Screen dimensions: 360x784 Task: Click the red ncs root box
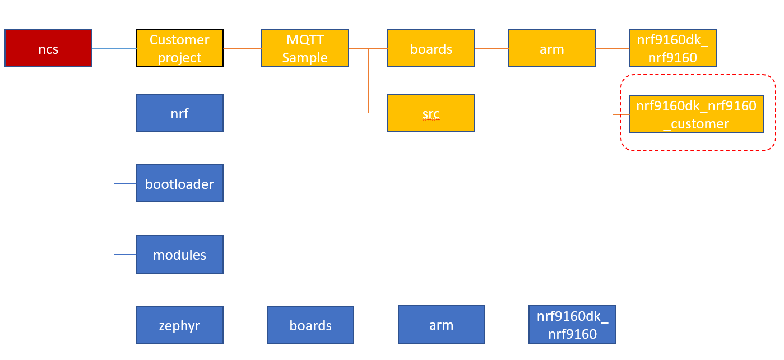(48, 49)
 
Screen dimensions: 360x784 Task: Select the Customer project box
(179, 49)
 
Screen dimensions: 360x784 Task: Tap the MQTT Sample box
(305, 49)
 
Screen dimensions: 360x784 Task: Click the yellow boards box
(431, 49)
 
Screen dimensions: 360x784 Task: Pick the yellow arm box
(551, 49)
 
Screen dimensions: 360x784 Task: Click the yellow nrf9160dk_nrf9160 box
(672, 49)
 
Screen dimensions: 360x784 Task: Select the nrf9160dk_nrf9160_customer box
(696, 114)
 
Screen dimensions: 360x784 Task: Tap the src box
(431, 113)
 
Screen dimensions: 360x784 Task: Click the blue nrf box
(179, 113)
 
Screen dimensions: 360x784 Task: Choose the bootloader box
(179, 183)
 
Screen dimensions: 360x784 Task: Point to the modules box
(179, 254)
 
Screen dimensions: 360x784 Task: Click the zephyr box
(179, 325)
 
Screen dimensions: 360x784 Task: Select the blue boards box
(310, 325)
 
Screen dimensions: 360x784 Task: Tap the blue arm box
(441, 325)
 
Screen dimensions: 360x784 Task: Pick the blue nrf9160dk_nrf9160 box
(572, 325)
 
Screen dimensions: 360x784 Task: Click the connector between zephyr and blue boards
(245, 325)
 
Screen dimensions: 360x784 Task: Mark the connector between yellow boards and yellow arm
(491, 49)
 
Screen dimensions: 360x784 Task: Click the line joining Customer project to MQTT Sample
(242, 49)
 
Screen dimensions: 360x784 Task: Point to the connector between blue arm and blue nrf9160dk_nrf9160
(507, 325)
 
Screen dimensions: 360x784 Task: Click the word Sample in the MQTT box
(305, 57)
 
